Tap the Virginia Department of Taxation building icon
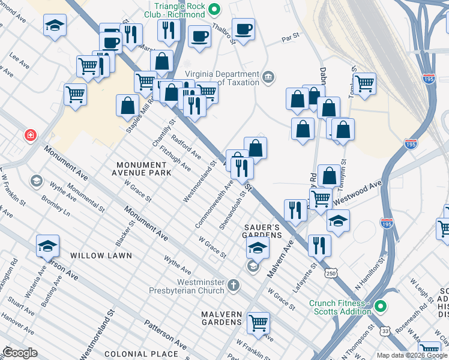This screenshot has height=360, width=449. click(268, 77)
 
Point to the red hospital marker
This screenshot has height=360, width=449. click(29, 136)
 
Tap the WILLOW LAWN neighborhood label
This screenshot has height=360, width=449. click(100, 256)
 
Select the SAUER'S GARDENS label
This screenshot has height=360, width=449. click(262, 231)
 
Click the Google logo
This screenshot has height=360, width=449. click(20, 353)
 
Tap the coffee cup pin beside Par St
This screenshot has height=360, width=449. click(243, 29)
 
